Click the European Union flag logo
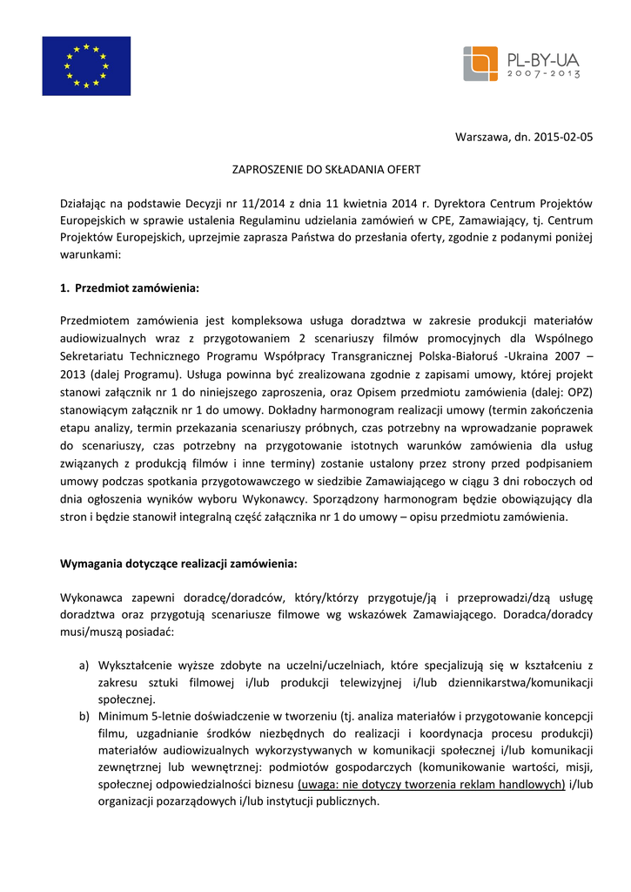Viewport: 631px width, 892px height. (86, 66)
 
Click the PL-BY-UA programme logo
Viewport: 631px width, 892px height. (521, 64)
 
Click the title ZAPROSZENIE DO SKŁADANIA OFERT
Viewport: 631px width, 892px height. (312, 169)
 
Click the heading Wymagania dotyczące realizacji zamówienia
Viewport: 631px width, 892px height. (178, 564)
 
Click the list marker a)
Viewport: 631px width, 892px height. (84, 666)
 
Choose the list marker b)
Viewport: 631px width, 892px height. (84, 716)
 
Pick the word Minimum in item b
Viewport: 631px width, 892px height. (123, 716)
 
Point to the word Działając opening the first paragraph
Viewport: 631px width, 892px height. (85, 203)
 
